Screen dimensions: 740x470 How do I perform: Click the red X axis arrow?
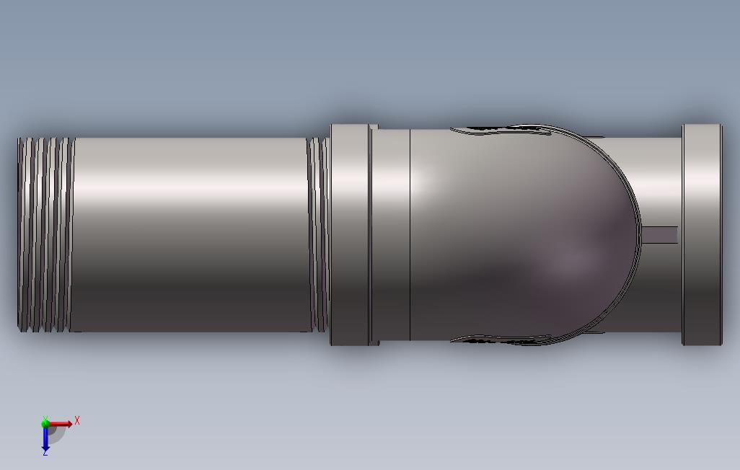[60, 424]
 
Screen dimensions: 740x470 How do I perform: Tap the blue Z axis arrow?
[45, 438]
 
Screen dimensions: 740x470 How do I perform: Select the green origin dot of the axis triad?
[45, 423]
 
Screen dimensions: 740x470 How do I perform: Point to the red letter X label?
[77, 420]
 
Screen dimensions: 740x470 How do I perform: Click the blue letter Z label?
[45, 453]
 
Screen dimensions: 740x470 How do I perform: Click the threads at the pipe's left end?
[45, 234]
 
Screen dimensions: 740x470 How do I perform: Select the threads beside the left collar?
[319, 234]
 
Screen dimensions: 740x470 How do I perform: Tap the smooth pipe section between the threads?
[191, 234]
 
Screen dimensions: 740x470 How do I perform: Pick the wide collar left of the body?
[350, 234]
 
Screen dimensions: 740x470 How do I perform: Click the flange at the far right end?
[702, 234]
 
